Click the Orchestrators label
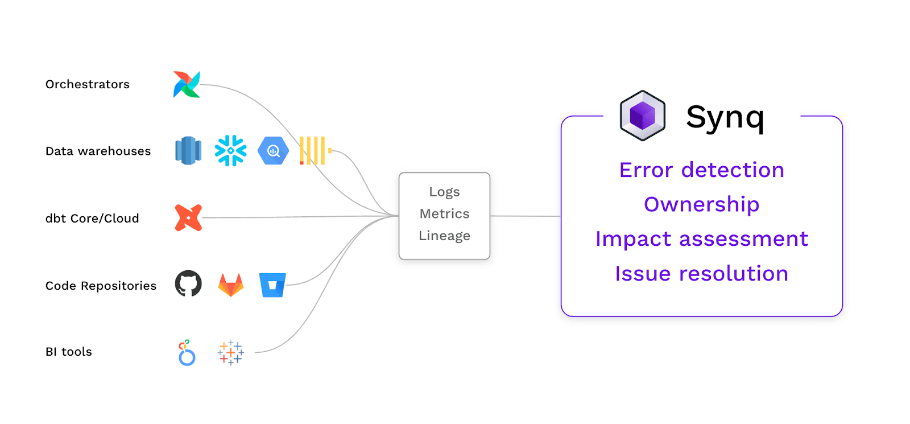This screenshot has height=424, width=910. [x=88, y=84]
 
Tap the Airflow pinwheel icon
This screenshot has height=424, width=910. [x=187, y=84]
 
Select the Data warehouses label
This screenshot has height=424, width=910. [x=98, y=151]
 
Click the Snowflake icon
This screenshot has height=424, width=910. [x=230, y=151]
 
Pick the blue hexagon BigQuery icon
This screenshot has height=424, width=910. [x=273, y=151]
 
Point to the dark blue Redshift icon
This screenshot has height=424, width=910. [x=188, y=151]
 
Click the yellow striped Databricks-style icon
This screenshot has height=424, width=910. [x=313, y=151]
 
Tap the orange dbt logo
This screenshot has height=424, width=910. [x=188, y=218]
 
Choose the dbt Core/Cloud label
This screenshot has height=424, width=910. [x=92, y=219]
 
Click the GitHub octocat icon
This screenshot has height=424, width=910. [x=188, y=283]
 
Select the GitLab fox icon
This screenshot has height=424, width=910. [x=231, y=285]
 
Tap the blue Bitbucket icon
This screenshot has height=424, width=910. [x=272, y=285]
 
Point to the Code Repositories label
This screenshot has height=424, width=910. [x=101, y=286]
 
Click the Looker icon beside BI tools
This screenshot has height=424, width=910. [x=187, y=353]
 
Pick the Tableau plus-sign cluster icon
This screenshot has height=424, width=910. [x=230, y=353]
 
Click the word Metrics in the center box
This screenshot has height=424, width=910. [x=444, y=214]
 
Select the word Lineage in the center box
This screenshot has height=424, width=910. [x=444, y=236]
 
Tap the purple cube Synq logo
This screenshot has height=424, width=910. [x=643, y=116]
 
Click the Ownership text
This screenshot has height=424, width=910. [x=701, y=204]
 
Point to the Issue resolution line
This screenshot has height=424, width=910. [x=701, y=274]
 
